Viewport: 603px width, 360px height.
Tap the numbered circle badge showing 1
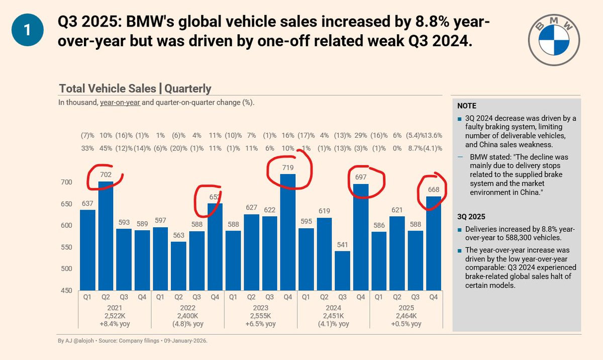pos(28,30)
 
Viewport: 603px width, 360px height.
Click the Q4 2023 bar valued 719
pos(288,231)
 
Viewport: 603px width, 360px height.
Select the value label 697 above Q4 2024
pos(361,177)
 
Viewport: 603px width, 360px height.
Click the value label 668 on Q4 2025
pos(434,189)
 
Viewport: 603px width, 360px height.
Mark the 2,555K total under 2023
pos(260,315)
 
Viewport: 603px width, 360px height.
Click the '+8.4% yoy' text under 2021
pos(115,324)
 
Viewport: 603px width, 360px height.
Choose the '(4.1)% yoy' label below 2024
pos(333,324)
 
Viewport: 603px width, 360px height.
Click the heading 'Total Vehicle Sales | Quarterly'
pos(135,88)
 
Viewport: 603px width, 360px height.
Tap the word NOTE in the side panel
pos(467,106)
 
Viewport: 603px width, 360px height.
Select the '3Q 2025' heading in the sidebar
pos(471,217)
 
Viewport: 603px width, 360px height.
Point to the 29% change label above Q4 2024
pos(360,135)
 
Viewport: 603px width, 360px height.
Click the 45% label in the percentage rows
pos(106,148)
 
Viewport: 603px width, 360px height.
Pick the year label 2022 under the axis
pos(187,307)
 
